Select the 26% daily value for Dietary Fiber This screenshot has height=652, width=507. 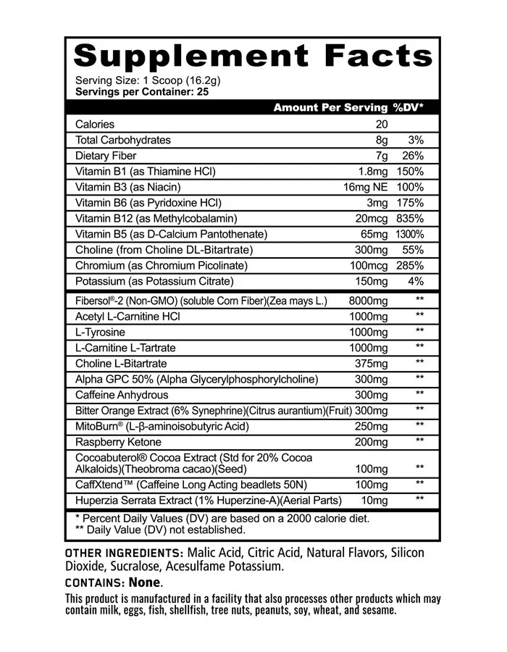[x=409, y=156]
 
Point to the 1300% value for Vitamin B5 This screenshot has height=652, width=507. [x=409, y=234]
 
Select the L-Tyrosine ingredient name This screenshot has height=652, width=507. [x=100, y=332]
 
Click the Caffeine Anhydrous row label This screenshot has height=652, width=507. [x=122, y=395]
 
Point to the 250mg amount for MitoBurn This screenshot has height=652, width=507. [x=372, y=426]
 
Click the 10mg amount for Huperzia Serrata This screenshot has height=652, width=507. [x=377, y=500]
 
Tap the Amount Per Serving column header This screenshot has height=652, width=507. [x=330, y=107]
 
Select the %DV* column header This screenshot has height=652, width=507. [x=408, y=107]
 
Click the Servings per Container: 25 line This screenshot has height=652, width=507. [x=142, y=92]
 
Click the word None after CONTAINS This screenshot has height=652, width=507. [x=145, y=582]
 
